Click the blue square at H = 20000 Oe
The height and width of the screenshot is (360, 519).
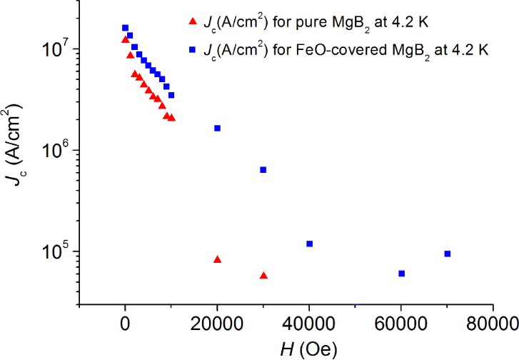click(217, 128)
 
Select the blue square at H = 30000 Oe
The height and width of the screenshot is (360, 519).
click(263, 169)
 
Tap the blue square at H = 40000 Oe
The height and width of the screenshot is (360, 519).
click(309, 244)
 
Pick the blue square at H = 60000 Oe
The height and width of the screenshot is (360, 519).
click(401, 274)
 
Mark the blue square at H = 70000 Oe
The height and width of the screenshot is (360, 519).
click(447, 254)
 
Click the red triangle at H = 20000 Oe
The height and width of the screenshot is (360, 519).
click(217, 259)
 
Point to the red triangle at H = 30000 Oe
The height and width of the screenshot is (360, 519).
click(263, 275)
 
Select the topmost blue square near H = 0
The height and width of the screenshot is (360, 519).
click(125, 28)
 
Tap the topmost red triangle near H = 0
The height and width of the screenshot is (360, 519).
click(125, 39)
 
